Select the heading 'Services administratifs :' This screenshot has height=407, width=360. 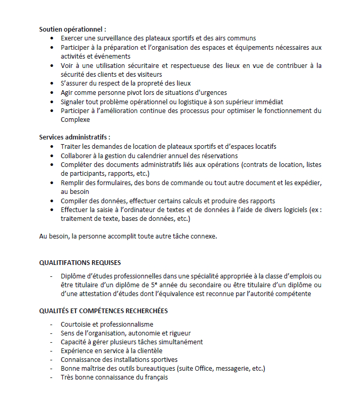[75, 137]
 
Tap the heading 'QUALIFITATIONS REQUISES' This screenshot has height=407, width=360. [80, 262]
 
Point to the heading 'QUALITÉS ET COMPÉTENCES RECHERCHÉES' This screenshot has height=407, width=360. [104, 311]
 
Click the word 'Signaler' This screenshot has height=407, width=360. [74, 102]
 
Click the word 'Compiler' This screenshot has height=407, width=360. [75, 201]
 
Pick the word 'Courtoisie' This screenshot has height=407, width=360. [76, 324]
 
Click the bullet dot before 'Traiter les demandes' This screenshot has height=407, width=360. [52, 147]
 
